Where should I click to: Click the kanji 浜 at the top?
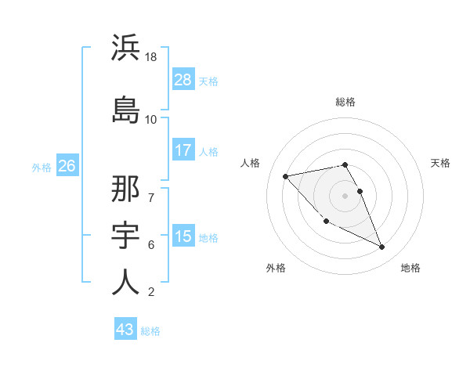tap(125, 49)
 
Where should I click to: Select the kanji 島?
tap(125, 109)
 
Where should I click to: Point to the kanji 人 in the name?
tap(125, 283)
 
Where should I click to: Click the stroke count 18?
tap(152, 58)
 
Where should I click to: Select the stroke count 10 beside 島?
tap(151, 119)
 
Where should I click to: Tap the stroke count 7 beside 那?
tap(150, 189)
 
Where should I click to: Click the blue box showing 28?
tap(183, 79)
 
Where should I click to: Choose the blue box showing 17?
tap(183, 150)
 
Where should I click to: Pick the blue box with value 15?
tap(183, 236)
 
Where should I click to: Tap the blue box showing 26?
tap(67, 165)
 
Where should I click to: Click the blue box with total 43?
tap(125, 330)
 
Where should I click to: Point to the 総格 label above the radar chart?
tap(345, 102)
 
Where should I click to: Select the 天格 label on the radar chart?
tap(441, 163)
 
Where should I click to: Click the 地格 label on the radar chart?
tap(410, 268)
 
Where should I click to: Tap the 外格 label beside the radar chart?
tap(276, 268)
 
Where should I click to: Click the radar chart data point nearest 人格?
tap(286, 175)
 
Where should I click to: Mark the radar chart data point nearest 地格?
tap(382, 247)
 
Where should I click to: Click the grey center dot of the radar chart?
tap(345, 195)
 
